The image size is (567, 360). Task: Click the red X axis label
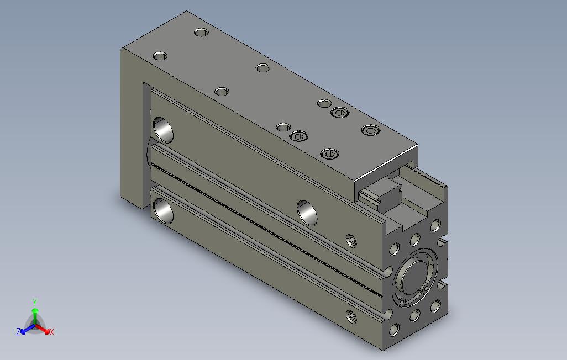point(52,332)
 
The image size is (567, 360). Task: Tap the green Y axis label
point(35,302)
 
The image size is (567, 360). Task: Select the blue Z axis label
point(18,331)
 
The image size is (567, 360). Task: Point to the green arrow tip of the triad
point(35,310)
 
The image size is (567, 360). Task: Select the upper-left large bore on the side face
point(163,129)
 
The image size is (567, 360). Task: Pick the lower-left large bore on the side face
point(163,211)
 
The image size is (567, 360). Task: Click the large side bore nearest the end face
point(307,213)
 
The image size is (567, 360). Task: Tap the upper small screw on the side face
point(351,241)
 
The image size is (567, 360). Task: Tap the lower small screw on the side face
point(351,317)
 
